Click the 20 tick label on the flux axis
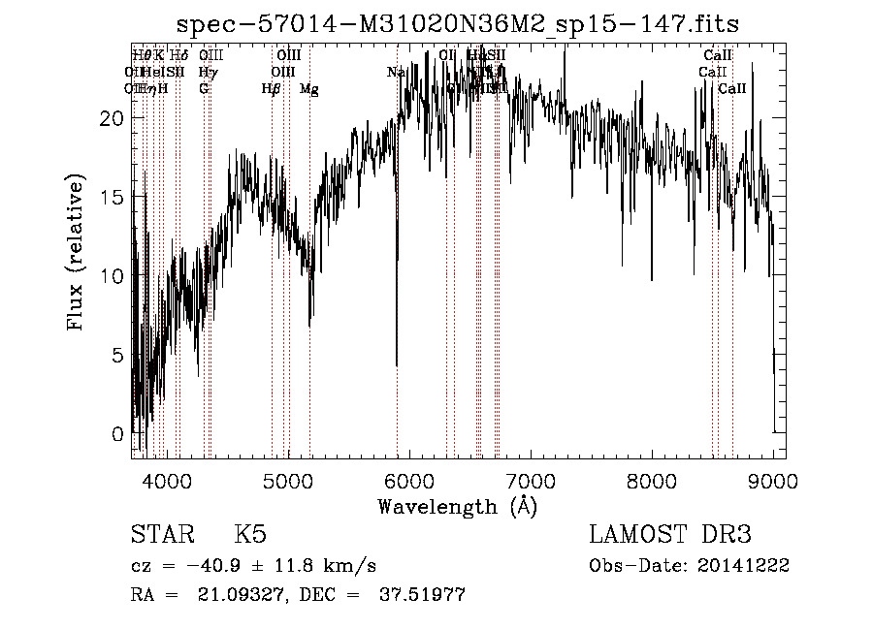click(113, 117)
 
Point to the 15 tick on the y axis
click(113, 197)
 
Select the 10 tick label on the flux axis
click(113, 275)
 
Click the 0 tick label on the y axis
click(117, 433)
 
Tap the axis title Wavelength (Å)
click(457, 506)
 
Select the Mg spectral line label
click(308, 89)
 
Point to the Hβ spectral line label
click(271, 89)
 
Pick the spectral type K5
click(250, 535)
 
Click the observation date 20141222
click(743, 566)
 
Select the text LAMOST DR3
click(670, 535)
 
